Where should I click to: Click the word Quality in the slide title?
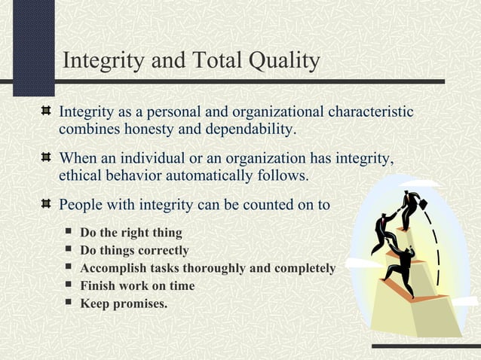point(281,61)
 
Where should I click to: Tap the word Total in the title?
point(210,61)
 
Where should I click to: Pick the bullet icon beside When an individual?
point(46,158)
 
